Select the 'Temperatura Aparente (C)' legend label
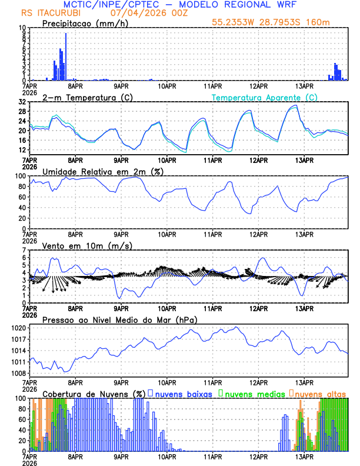[265, 97]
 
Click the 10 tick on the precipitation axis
[22, 28]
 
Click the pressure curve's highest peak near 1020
[236, 327]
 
